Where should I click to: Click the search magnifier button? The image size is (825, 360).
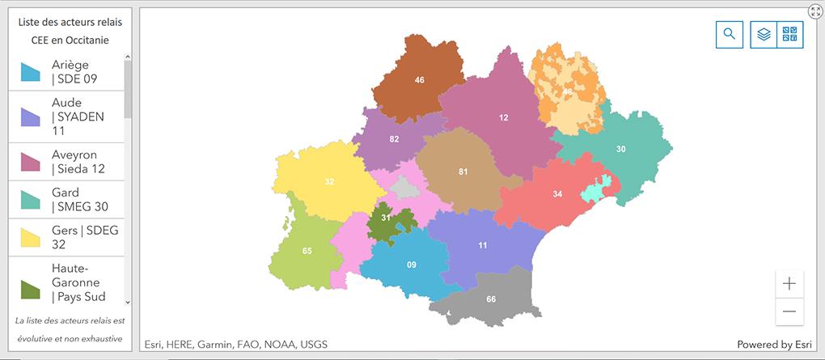[729, 34]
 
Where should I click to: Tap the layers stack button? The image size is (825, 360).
[764, 34]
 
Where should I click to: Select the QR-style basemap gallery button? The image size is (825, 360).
[790, 34]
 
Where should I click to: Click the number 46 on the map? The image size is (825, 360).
[419, 80]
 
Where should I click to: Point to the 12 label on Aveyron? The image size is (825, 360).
[504, 118]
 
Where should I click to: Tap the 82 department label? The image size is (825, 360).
[394, 139]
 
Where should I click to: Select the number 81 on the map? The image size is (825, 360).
[463, 172]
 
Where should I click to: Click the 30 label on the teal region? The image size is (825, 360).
[621, 149]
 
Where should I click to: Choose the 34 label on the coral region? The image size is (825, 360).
[557, 194]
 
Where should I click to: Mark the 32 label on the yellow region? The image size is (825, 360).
[329, 182]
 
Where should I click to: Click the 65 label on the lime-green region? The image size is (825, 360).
[307, 251]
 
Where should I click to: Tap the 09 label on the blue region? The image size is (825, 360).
[412, 265]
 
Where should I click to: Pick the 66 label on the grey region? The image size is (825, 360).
[491, 299]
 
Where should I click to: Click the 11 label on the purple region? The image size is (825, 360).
[483, 245]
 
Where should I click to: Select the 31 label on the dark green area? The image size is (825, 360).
[386, 218]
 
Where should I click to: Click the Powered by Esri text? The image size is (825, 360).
[774, 345]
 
